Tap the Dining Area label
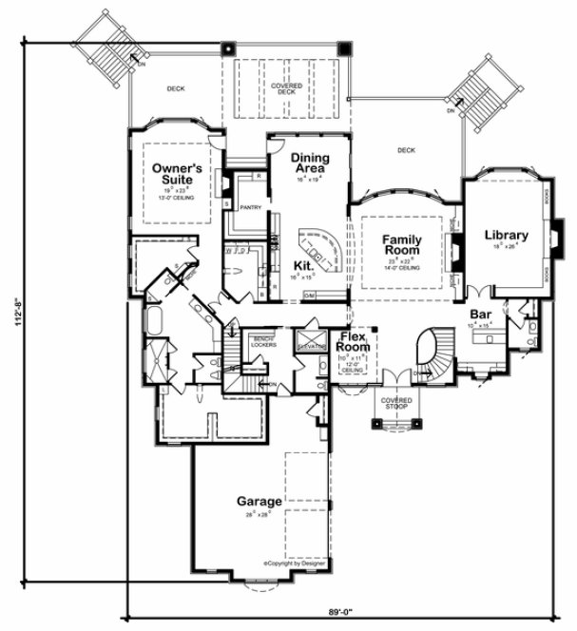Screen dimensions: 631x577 click(310, 163)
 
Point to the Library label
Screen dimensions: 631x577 click(506, 235)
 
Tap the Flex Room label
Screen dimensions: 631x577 click(356, 341)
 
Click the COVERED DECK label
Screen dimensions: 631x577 click(286, 89)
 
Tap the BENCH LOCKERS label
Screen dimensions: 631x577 click(262, 340)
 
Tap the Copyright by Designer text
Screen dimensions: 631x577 click(296, 563)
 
